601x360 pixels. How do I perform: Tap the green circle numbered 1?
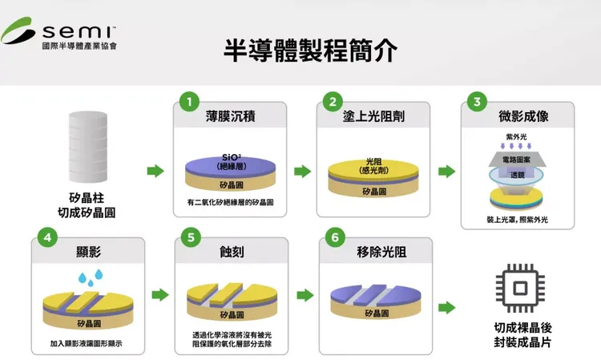189,102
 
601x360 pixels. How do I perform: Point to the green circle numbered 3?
477,102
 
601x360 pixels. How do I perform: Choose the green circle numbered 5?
189,238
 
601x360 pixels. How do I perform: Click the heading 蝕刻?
232,252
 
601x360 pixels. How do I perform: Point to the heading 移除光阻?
373,252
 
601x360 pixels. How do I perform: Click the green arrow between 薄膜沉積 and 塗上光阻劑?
302,171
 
